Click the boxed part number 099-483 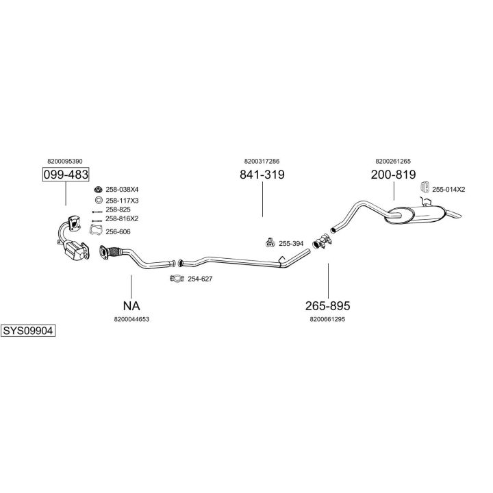(x=66, y=175)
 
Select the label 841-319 (x=262, y=175)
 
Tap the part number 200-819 (x=393, y=175)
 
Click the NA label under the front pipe (x=131, y=305)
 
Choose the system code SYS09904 (x=27, y=330)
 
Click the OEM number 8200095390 (x=66, y=161)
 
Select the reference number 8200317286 (x=262, y=161)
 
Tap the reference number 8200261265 (x=393, y=161)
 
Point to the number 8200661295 (x=328, y=318)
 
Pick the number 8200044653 (x=131, y=318)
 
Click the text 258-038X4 (x=123, y=189)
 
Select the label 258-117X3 (x=123, y=200)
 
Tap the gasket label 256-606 (x=118, y=231)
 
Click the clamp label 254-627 (x=200, y=279)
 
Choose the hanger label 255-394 (x=290, y=243)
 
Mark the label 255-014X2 (x=448, y=189)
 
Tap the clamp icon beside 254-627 (x=177, y=279)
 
